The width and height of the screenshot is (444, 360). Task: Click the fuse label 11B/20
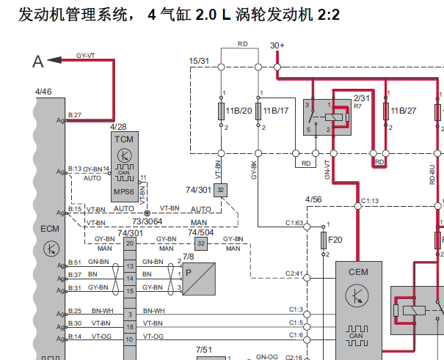pos(238,111)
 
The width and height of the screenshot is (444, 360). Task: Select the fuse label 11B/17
pos(275,111)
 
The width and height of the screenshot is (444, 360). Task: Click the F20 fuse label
pos(335,239)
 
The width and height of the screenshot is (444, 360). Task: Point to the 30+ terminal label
pos(277,45)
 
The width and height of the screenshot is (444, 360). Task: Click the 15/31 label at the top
pos(199,60)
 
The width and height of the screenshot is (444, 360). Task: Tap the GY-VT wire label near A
pos(86,55)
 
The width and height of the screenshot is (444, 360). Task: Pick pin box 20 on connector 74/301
pos(130,243)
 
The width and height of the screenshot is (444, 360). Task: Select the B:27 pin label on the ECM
pos(74,115)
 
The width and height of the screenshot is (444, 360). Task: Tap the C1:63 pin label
pos(294,223)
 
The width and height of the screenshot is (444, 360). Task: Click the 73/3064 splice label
pos(147,220)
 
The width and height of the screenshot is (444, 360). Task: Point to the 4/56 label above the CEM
pos(313,199)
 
